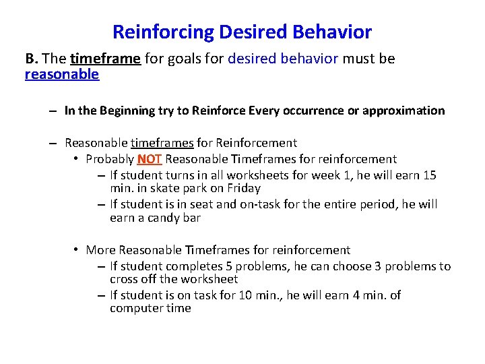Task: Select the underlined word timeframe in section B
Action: coord(105,59)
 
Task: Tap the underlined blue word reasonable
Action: coord(62,74)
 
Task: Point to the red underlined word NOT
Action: coord(150,159)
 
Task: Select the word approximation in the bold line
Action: coord(403,111)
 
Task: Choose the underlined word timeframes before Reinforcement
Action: coord(162,142)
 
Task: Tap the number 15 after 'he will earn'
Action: coord(430,175)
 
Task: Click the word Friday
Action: coord(244,188)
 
